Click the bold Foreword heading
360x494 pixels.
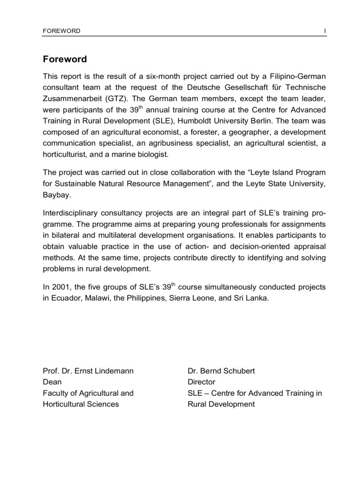coord(65,59)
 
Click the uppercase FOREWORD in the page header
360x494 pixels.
coord(62,31)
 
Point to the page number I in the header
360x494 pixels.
coord(325,31)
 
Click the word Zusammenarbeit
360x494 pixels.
coord(75,99)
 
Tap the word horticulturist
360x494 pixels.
coord(67,155)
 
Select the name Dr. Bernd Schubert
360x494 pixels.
coord(222,370)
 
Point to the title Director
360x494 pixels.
coord(202,382)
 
